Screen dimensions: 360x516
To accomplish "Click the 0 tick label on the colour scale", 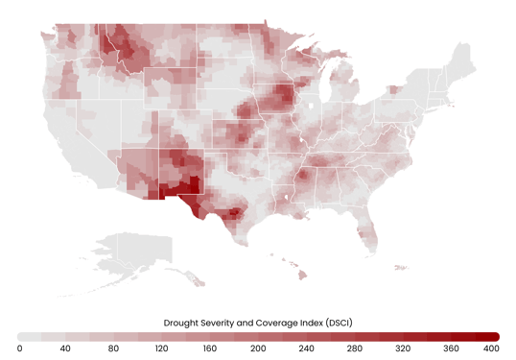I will [20, 348].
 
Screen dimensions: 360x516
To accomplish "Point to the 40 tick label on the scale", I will [65, 348].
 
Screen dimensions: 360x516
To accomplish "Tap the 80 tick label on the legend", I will [113, 348].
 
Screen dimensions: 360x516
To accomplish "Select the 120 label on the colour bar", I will [160, 348].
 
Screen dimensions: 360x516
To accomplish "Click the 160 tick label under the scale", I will [208, 348].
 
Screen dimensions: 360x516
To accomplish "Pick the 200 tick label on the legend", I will [258, 348].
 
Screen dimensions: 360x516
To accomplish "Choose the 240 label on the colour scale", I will [304, 348].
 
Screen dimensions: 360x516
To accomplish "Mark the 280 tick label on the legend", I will [353, 348].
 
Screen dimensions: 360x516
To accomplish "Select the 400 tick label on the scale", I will [490, 348].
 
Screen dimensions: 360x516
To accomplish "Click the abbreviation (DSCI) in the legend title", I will [335, 323].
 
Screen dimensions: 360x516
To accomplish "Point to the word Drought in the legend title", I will [184, 323].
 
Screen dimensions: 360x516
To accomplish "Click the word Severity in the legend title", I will [227, 323].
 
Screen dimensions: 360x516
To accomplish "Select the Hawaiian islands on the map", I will [299, 274].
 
